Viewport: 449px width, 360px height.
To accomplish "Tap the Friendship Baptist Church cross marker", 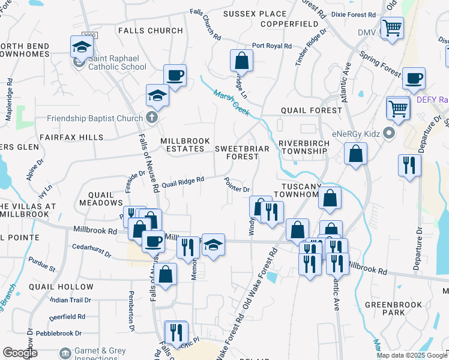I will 152,116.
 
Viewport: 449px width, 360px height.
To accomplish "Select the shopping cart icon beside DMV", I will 392,28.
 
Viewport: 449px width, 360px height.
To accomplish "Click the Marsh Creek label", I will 232,101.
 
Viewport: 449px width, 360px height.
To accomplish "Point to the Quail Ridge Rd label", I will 183,179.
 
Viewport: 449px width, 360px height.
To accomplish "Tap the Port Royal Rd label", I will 271,46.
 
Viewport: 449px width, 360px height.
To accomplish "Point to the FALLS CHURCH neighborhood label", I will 150,31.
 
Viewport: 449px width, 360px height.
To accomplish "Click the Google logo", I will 19,353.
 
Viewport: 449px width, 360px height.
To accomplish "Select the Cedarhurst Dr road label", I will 91,250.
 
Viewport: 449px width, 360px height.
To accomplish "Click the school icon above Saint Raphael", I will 82,47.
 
